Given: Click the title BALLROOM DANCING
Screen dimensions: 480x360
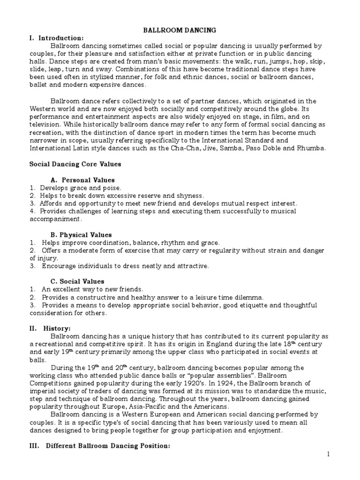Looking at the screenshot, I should point(180,30).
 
